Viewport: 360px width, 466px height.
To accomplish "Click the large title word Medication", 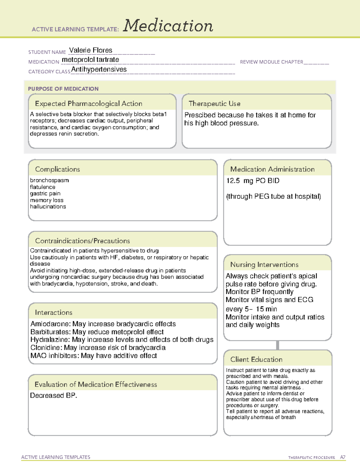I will [168, 26].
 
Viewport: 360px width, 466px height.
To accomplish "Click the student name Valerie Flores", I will [91, 50].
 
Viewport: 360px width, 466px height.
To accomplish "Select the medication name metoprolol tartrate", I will [90, 60].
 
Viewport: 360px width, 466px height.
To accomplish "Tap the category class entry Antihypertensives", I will [99, 69].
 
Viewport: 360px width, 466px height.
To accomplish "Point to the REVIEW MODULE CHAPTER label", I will [271, 62].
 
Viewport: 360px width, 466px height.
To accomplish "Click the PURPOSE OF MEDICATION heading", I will [63, 89].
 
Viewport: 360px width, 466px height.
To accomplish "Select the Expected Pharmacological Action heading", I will [88, 104].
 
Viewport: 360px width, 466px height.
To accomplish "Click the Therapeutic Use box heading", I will [214, 104].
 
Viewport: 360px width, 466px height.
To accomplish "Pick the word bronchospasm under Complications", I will [49, 180].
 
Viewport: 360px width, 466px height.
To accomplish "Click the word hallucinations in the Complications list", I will [48, 206].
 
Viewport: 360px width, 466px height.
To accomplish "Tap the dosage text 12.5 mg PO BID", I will [253, 181].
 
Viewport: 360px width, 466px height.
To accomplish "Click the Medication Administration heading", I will [272, 169].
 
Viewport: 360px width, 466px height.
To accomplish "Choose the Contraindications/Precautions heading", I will [82, 241].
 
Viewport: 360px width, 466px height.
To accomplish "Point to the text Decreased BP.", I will [53, 395].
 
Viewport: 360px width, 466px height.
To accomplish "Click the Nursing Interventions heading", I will [264, 265].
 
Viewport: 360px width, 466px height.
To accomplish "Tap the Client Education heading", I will [256, 359].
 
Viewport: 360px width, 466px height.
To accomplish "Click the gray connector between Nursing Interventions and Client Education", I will [277, 345].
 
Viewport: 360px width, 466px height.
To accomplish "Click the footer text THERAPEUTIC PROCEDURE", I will [311, 458].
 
